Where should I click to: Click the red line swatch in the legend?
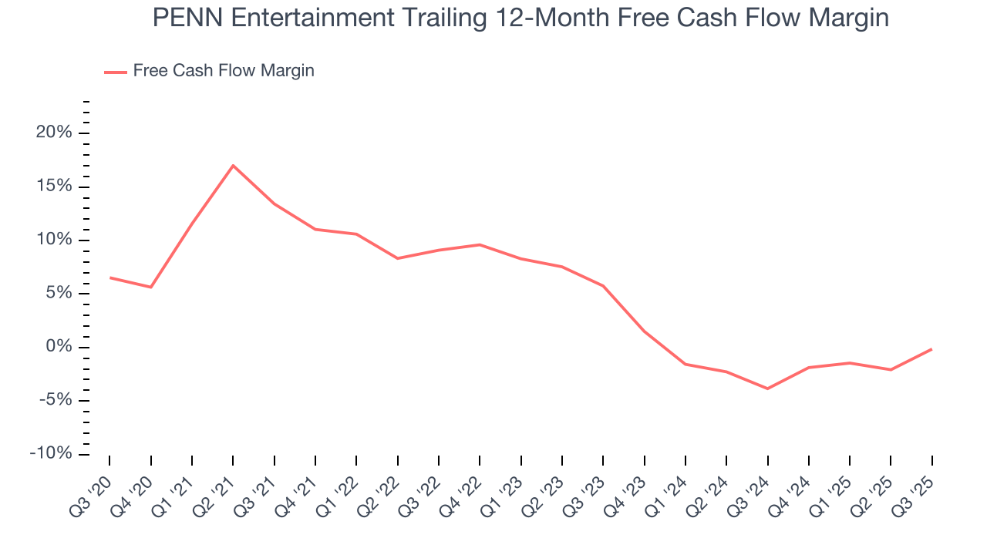(116, 72)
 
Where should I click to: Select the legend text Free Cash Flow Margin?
(224, 71)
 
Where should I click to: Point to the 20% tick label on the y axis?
(53, 133)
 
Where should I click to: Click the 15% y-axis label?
(53, 187)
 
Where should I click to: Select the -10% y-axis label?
(50, 453)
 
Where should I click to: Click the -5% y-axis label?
(53, 400)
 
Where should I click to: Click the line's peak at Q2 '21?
(233, 165)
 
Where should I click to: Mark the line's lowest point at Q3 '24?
(767, 388)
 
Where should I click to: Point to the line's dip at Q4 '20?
(150, 288)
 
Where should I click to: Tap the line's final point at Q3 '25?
(931, 349)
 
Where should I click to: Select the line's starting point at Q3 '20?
(109, 277)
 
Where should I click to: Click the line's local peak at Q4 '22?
(480, 244)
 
